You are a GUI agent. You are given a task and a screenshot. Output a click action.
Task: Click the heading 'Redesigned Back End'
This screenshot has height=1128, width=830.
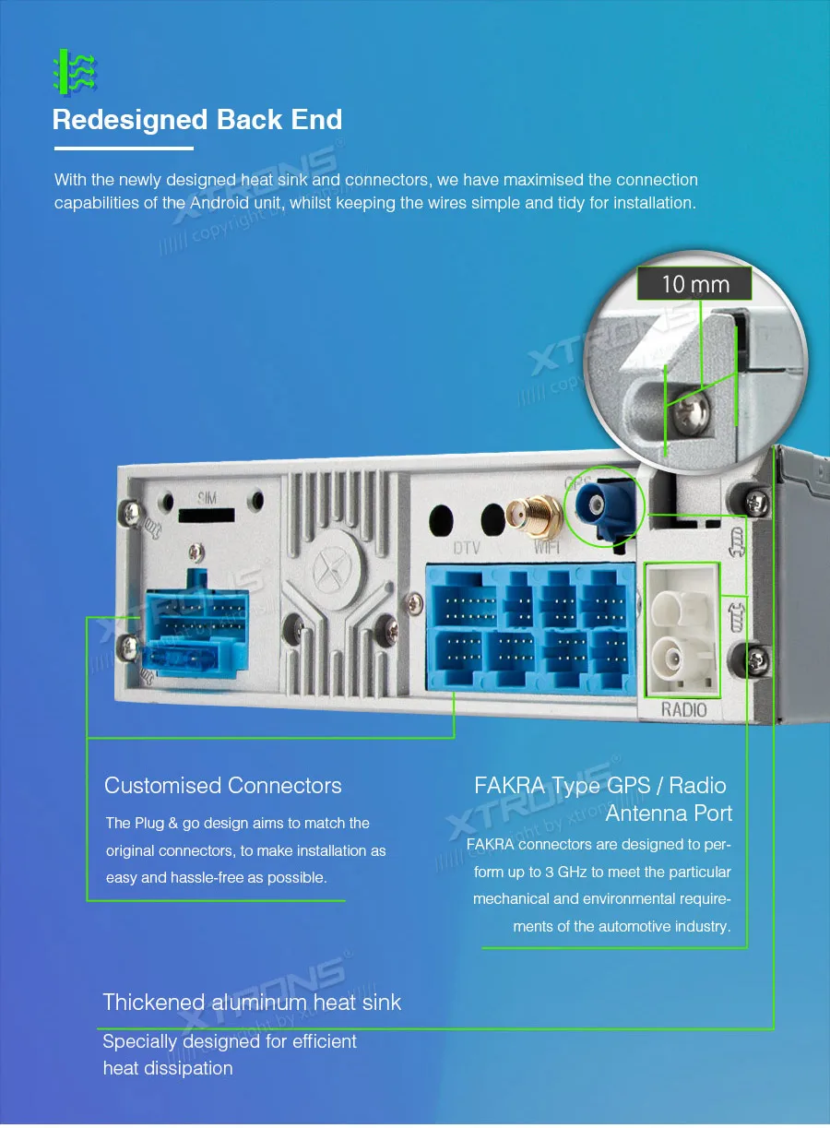[x=197, y=120]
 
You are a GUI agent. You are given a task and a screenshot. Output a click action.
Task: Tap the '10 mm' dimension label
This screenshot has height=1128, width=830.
[x=694, y=283]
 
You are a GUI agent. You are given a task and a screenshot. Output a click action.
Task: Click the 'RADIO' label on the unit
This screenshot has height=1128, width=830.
[x=683, y=709]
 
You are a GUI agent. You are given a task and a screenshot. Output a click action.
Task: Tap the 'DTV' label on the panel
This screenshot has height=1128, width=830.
[x=467, y=548]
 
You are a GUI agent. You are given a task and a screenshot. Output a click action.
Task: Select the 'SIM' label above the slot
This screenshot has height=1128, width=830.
[x=206, y=498]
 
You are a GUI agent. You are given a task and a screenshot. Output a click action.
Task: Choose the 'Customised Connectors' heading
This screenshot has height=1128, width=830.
[x=222, y=786]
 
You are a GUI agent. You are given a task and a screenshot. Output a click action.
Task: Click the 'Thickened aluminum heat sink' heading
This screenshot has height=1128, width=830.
[x=252, y=1003]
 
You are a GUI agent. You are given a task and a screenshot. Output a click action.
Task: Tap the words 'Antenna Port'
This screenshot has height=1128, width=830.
[x=669, y=813]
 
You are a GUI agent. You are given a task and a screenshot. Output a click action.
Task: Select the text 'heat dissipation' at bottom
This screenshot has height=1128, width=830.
[x=167, y=1068]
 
